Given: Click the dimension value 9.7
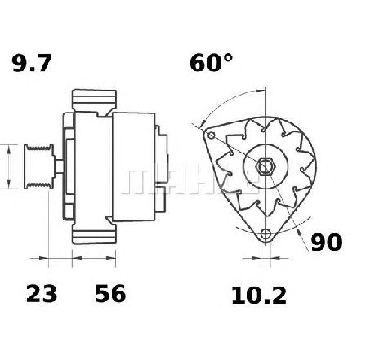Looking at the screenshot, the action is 32,63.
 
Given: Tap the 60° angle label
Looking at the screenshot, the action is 212,63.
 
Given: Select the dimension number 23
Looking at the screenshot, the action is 42,293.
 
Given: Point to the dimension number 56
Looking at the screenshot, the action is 110,293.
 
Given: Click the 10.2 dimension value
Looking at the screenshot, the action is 259,296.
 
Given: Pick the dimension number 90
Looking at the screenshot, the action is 327,242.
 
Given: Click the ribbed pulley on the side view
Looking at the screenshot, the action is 38,167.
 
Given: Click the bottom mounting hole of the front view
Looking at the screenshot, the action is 265,233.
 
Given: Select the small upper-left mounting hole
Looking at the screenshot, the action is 212,135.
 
